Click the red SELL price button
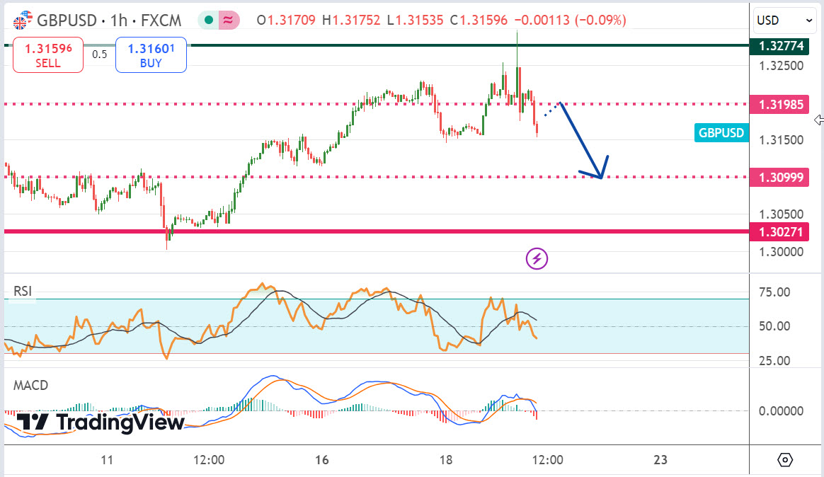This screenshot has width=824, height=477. click(x=47, y=55)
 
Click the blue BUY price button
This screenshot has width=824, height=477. click(x=151, y=55)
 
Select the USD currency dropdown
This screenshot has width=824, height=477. click(x=784, y=21)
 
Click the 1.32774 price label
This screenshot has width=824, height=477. click(x=782, y=46)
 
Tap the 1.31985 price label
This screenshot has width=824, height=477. click(x=782, y=105)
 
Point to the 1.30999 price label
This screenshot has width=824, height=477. click(x=782, y=177)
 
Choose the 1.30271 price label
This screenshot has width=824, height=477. click(x=782, y=231)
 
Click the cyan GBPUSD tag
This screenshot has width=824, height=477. click(x=721, y=132)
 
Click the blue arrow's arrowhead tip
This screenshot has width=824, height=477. click(x=601, y=177)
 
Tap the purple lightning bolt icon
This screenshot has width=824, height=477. click(x=537, y=259)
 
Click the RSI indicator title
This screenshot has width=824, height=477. click(x=23, y=291)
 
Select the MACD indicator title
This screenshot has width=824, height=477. click(x=30, y=385)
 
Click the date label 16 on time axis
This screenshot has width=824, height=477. click(x=322, y=460)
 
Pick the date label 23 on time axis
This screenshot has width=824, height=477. click(x=660, y=460)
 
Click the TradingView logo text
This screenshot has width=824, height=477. click(x=120, y=423)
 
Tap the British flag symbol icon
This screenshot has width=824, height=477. click(x=22, y=21)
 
